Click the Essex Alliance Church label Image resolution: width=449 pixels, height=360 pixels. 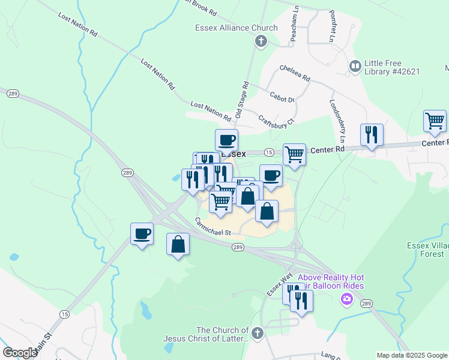(237, 28)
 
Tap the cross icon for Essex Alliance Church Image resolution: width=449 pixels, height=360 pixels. (261, 41)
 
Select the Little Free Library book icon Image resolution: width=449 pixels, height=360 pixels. (355, 65)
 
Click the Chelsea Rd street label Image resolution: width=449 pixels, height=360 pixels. (295, 74)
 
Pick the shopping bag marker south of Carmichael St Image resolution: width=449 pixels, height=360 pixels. (178, 245)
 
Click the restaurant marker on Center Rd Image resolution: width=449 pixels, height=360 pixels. (372, 135)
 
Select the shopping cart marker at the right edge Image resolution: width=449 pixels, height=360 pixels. (435, 122)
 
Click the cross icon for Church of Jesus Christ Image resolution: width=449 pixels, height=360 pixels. (257, 332)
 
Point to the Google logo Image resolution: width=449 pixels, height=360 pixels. (20, 353)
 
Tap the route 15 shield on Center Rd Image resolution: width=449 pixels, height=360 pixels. (269, 152)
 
